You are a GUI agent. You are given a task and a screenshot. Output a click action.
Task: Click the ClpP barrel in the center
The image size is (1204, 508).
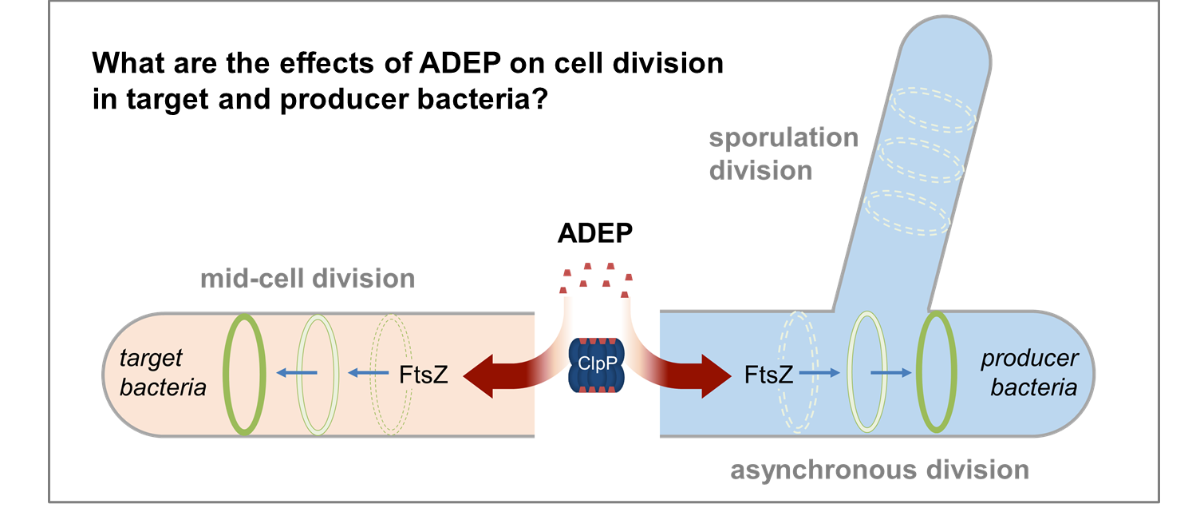[596, 365]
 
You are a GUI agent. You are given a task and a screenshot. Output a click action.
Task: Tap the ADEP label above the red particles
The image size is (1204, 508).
[595, 233]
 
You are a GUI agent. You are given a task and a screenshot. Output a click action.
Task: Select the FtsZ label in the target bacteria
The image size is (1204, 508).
[423, 375]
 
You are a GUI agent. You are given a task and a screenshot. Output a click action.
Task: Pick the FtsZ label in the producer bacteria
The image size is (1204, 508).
[768, 375]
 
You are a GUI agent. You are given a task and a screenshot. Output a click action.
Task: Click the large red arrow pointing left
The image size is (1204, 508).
[505, 375]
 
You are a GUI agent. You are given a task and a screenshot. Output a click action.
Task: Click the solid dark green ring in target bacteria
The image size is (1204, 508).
[225, 375]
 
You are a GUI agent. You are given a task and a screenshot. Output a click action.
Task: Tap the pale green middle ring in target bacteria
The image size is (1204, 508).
[298, 375]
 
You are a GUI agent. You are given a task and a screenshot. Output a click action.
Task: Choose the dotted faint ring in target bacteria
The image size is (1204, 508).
[372, 375]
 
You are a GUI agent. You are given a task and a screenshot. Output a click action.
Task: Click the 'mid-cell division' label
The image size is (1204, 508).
[307, 279]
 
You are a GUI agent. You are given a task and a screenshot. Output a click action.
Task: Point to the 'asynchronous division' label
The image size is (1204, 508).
[879, 470]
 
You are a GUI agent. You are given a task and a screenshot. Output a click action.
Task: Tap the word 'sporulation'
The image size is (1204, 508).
[784, 137]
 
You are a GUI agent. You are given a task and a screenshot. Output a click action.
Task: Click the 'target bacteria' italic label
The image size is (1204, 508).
[162, 372]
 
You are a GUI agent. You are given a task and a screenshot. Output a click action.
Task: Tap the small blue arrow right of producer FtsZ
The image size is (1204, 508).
[819, 372]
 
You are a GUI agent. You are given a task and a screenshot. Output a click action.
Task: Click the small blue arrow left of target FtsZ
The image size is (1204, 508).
[368, 372]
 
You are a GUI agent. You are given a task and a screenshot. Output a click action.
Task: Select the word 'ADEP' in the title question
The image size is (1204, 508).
[460, 63]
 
